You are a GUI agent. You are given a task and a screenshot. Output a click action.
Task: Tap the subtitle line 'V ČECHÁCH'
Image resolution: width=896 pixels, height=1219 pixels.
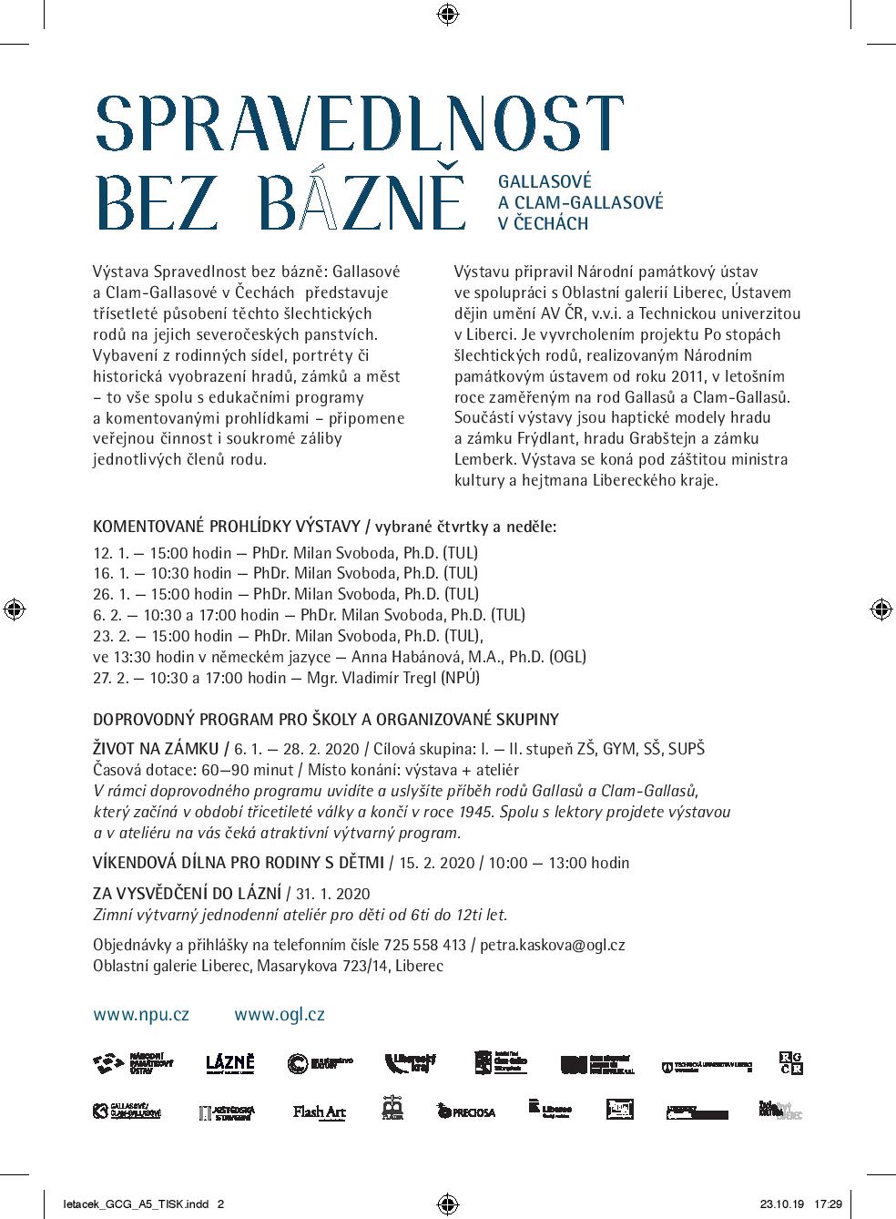(544, 223)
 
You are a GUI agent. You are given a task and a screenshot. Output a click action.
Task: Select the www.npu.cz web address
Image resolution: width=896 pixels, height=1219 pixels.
(141, 1014)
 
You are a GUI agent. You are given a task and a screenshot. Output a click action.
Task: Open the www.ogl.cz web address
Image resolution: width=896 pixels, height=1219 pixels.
(280, 1014)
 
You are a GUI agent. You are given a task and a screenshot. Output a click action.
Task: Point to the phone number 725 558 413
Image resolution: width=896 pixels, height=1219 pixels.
(428, 945)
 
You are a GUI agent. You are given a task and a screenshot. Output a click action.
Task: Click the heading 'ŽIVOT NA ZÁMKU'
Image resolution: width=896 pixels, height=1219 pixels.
(157, 749)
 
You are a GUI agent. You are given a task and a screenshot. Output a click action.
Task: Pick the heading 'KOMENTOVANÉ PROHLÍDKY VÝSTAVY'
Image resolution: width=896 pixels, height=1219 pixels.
(227, 526)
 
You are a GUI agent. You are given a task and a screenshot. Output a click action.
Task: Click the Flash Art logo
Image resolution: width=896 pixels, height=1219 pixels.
(320, 1111)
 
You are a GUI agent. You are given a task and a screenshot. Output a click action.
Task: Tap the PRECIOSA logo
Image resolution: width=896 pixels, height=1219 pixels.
(466, 1111)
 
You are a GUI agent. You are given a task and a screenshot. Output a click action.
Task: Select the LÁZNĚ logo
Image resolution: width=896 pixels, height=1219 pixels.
(229, 1062)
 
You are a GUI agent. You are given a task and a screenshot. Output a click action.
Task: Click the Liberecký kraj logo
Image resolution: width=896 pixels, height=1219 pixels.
(410, 1062)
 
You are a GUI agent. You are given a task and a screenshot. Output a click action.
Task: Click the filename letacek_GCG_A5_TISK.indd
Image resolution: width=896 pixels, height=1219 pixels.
(127, 1204)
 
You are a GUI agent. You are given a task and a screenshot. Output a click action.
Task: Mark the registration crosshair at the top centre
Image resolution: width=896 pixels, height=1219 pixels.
(447, 14)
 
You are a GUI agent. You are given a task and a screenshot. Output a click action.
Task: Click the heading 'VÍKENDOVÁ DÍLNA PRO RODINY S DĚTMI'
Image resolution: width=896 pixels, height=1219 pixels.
(239, 862)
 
